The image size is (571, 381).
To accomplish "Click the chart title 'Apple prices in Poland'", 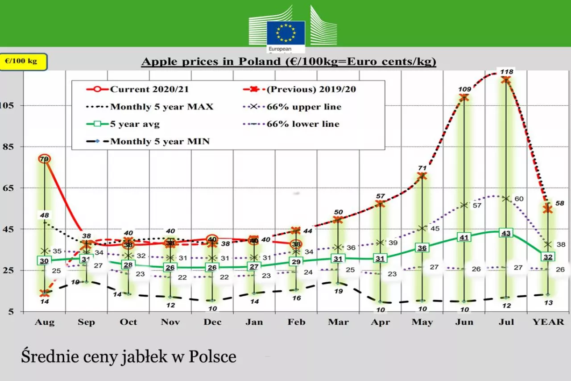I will click(x=288, y=62).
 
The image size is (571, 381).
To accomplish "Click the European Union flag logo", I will click(x=285, y=33).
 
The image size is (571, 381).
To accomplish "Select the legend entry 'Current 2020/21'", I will click(x=149, y=89).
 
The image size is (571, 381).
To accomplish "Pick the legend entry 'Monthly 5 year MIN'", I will click(x=160, y=142).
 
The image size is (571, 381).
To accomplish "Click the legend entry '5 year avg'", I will click(x=135, y=124).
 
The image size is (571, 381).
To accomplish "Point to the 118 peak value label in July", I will click(x=507, y=71).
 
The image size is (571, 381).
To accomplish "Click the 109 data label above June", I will click(x=464, y=89).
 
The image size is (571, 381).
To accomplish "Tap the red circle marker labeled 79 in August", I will click(x=44, y=159).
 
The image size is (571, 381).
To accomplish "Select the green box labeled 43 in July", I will click(x=506, y=233).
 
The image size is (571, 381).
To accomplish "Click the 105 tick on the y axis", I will click(x=9, y=105).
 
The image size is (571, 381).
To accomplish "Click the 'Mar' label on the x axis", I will click(x=338, y=322).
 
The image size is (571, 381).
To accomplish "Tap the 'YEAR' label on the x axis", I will click(x=548, y=322).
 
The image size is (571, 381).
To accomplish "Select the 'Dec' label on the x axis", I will click(x=212, y=322).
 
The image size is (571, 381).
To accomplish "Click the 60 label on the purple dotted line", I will click(x=519, y=199).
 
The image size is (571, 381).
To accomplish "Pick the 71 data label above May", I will click(x=422, y=168).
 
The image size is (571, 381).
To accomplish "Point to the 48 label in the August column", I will click(x=44, y=215).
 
